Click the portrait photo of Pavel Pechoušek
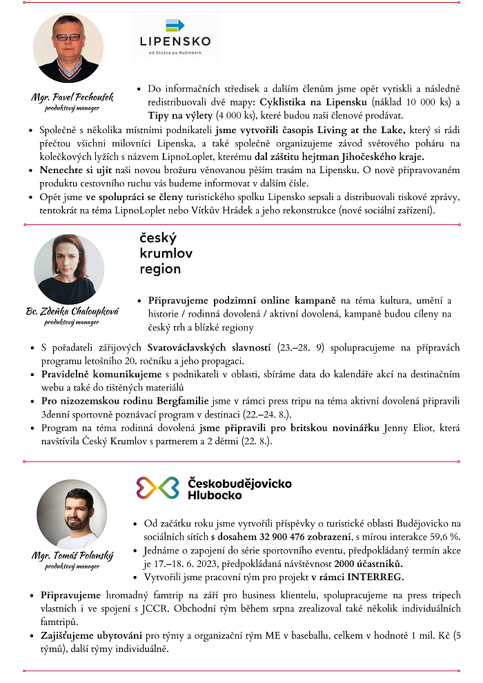pos(68,48)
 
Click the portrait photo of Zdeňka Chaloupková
pos(69,269)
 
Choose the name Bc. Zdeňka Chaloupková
pos(72,311)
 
